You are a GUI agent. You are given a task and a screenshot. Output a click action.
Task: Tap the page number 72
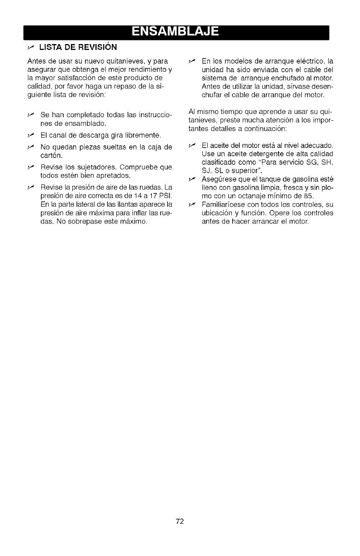point(180,521)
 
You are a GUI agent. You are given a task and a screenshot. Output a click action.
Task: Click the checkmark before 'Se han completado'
point(30,114)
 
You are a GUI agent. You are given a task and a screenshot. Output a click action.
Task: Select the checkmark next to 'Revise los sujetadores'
point(30,167)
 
